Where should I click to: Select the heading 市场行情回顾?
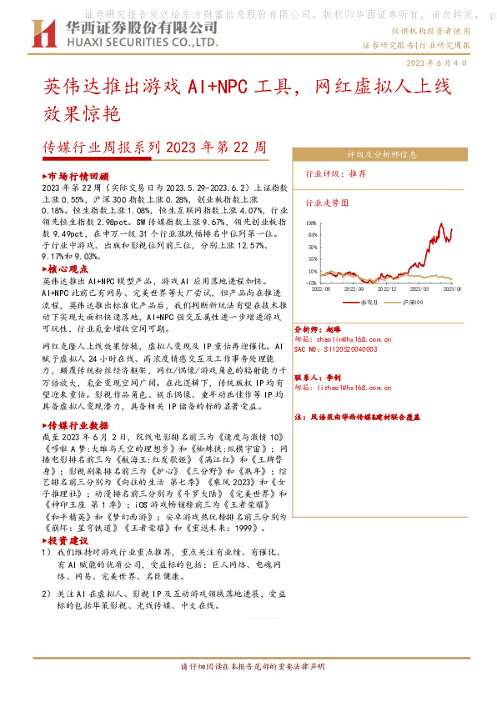coord(78,178)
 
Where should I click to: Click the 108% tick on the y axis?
coord(311,224)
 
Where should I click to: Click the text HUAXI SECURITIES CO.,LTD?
coord(124,42)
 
